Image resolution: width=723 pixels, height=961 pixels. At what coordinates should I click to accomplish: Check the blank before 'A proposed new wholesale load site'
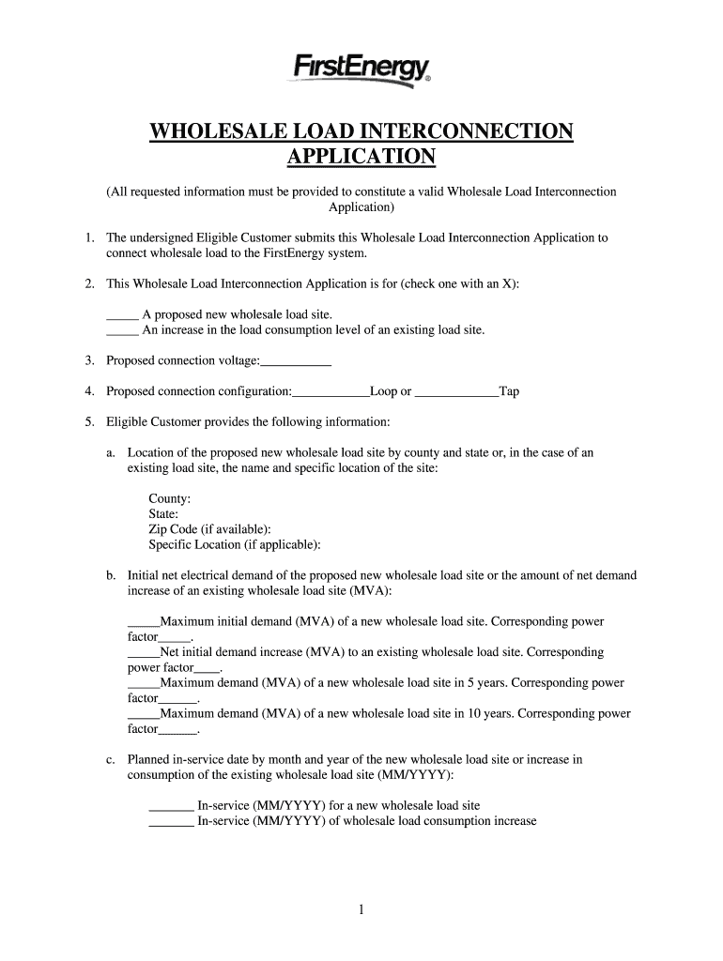[x=122, y=316]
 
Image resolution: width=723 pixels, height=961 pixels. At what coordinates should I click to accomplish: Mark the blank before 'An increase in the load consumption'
[x=122, y=331]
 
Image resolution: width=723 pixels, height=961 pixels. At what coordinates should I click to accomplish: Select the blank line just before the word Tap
[x=456, y=392]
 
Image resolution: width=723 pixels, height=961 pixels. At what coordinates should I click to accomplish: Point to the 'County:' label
[x=170, y=498]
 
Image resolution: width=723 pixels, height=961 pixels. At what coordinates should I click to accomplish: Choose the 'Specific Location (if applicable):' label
[x=235, y=544]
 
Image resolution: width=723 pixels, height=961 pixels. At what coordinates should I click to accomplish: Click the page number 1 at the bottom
[x=361, y=909]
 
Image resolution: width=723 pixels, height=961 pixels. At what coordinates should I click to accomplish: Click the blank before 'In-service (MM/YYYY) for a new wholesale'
[x=171, y=806]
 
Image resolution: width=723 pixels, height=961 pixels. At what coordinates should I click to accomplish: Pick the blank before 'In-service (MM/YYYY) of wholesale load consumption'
[x=171, y=822]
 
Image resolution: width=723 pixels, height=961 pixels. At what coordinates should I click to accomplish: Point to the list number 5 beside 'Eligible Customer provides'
[x=88, y=422]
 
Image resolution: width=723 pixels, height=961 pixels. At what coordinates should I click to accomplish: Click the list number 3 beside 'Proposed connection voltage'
[x=88, y=361]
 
